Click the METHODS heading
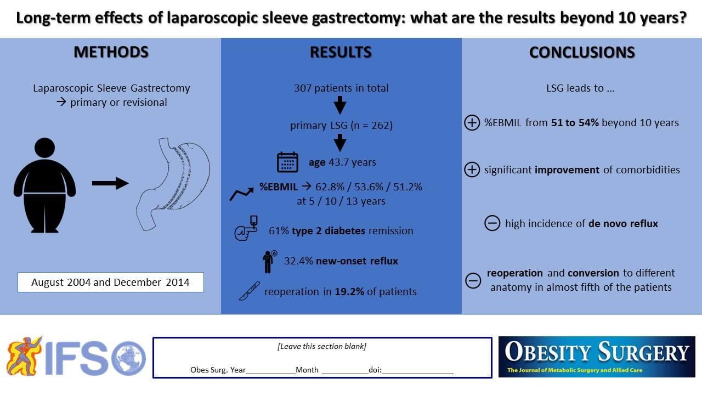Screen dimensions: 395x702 [x=111, y=52]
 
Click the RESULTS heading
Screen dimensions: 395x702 [x=341, y=52]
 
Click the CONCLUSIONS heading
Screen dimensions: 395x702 [x=582, y=52]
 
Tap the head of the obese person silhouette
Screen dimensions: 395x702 [x=44, y=149]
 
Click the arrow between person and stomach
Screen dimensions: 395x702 [x=110, y=183]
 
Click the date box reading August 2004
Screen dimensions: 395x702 [x=110, y=283]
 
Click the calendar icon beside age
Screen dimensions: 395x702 [x=287, y=162]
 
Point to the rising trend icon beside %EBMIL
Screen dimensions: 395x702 [x=241, y=193]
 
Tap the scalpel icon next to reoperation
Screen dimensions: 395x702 [x=248, y=291]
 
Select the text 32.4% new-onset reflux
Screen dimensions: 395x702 [x=341, y=261]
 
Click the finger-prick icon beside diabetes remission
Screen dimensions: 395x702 [x=246, y=230]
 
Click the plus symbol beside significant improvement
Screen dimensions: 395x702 [x=472, y=170]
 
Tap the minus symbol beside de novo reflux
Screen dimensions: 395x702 [x=492, y=223]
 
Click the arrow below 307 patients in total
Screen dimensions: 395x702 [x=340, y=105]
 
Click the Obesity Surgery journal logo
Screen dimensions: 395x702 [x=597, y=357]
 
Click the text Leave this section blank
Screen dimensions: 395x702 [x=322, y=346]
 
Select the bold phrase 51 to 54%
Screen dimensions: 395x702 [x=575, y=122]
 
